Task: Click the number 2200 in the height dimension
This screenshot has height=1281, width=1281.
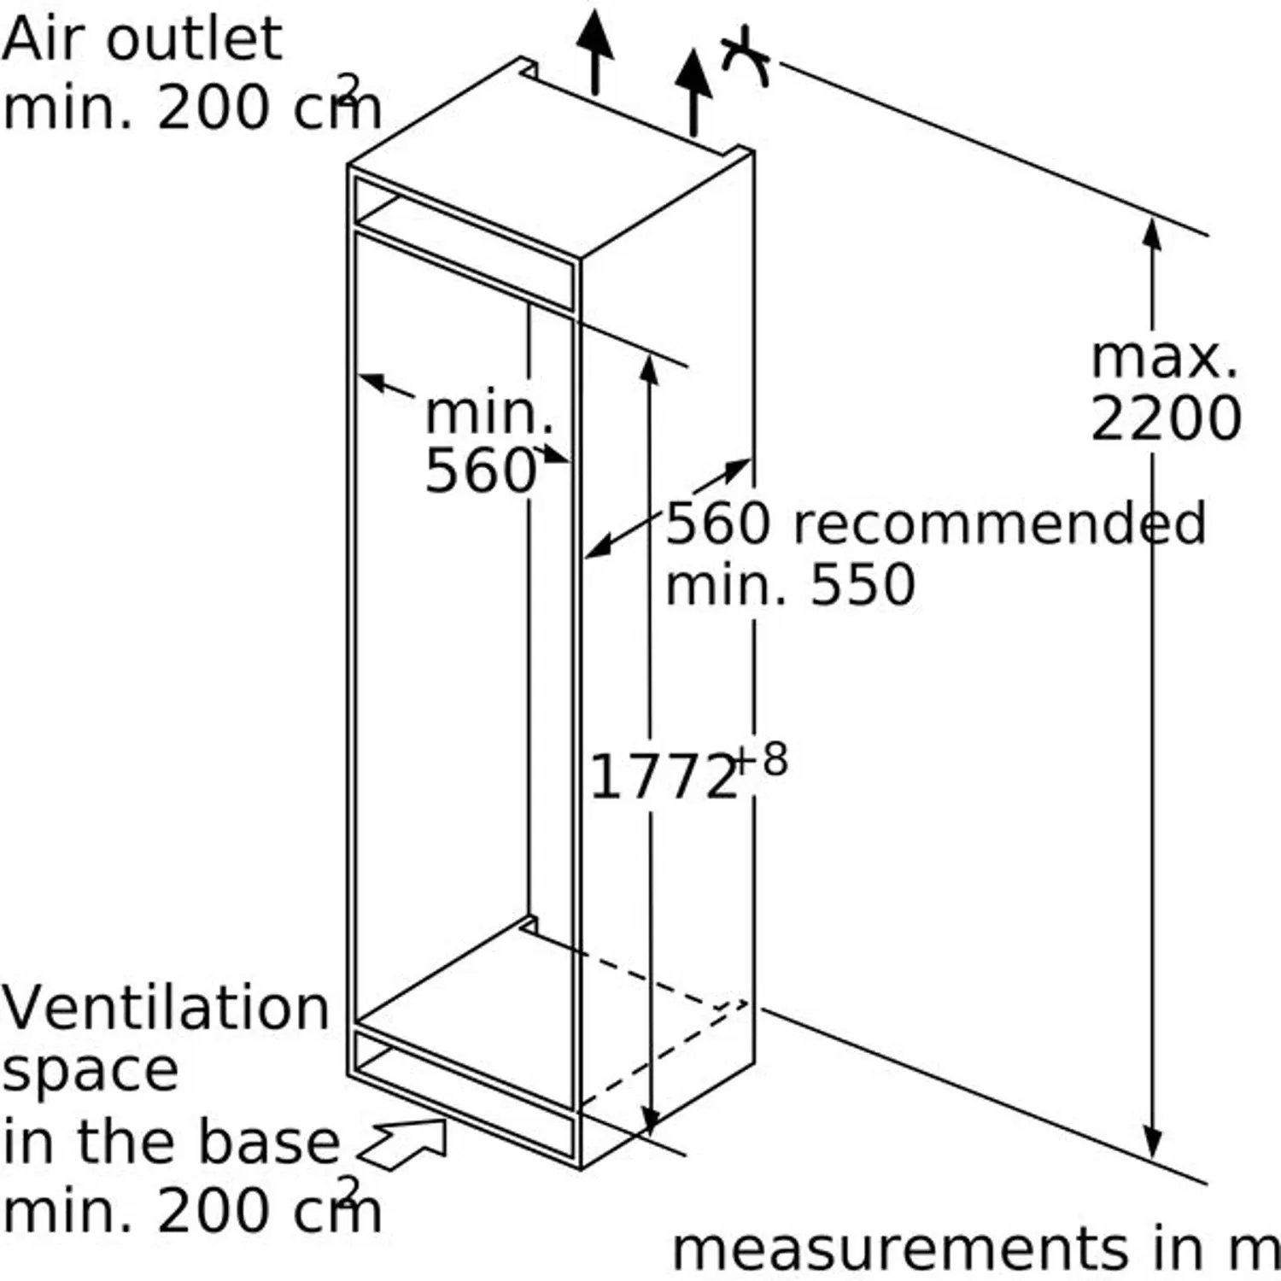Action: (1166, 418)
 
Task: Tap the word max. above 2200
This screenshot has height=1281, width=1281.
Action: (1165, 358)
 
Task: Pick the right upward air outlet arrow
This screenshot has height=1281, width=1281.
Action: (693, 92)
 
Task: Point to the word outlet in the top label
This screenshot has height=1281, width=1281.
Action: (202, 38)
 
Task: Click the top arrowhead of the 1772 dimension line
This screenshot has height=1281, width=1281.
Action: (650, 368)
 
